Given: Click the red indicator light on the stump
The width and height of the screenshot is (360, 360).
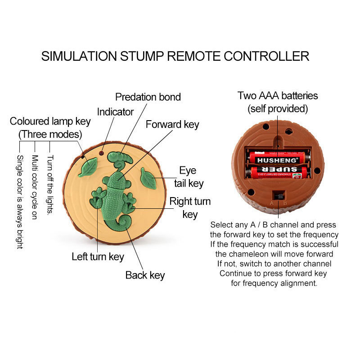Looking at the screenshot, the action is (101, 153).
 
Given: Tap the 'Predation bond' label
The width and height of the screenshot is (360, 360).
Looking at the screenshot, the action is (148, 97).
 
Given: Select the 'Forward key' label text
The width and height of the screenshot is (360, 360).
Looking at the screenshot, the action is (172, 125).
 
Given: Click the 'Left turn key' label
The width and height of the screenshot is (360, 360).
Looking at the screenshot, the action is (98, 256).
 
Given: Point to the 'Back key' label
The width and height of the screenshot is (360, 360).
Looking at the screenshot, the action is (145, 275).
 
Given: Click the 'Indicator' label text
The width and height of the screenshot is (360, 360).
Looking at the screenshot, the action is (115, 112).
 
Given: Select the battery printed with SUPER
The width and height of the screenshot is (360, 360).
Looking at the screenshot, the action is (278, 173).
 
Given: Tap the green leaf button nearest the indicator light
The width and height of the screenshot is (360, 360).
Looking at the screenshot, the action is (88, 167).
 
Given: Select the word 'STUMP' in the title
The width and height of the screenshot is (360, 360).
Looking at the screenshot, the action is (142, 56).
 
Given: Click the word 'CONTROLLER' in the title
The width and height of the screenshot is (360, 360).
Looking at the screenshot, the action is (266, 56).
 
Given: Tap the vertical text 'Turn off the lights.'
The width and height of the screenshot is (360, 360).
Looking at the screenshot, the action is (50, 184).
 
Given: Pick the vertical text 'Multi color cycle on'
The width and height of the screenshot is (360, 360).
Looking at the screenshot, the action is (35, 187).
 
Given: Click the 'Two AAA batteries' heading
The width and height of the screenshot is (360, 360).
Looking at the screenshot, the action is (278, 95).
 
